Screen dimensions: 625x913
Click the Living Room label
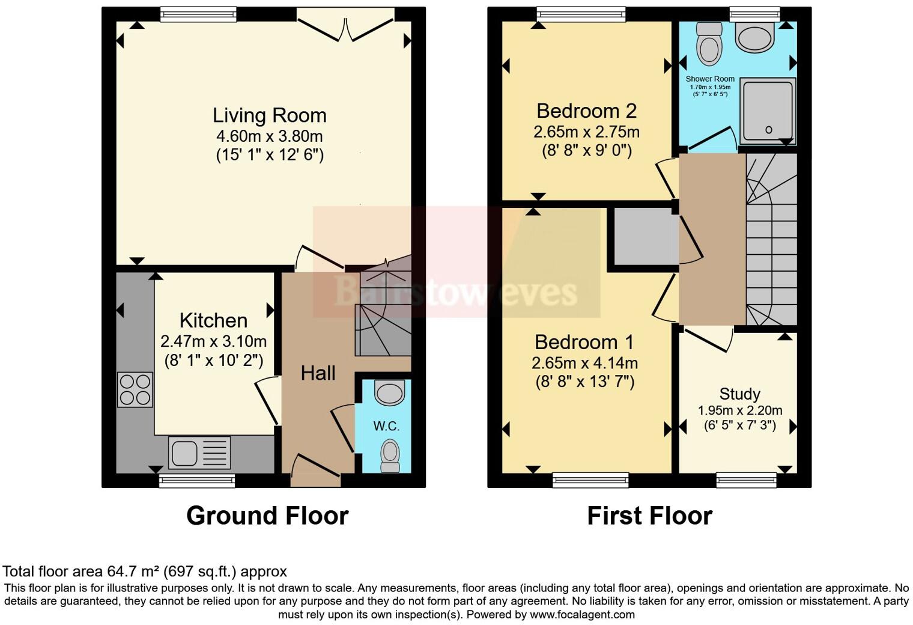coord(269,115)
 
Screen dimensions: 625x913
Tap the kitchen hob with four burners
coord(135,389)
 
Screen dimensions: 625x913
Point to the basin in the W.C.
coord(389,394)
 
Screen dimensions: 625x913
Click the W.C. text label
coord(386,426)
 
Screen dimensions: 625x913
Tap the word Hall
coord(318,373)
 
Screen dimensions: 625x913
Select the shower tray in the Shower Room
coord(767,111)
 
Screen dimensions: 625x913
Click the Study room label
coord(739,394)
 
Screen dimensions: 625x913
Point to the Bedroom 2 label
coord(586,111)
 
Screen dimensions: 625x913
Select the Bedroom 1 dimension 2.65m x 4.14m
coord(584,363)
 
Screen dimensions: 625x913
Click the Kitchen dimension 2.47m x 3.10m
coord(213,341)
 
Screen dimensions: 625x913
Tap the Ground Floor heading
coord(267,516)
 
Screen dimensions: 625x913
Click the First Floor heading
coord(649,516)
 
